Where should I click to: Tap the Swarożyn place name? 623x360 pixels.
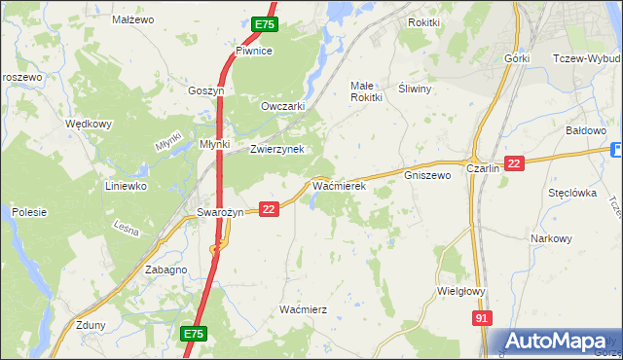(x=219, y=212)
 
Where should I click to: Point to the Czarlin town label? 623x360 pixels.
(x=484, y=167)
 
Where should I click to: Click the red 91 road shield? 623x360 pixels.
(x=482, y=318)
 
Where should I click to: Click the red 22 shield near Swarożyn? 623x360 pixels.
(x=270, y=208)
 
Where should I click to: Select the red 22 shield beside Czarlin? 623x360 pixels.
(x=516, y=164)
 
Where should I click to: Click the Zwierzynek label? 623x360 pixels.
(x=277, y=149)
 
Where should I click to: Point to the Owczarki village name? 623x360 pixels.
(x=283, y=106)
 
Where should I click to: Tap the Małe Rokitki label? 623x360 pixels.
(x=366, y=91)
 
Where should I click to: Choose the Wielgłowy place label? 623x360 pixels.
(x=461, y=290)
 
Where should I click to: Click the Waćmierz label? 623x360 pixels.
(x=303, y=308)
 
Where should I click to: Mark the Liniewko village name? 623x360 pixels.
(x=126, y=185)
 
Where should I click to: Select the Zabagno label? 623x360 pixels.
(x=165, y=270)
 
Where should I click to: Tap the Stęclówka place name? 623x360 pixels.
(x=572, y=193)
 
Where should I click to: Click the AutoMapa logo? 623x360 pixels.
(x=559, y=342)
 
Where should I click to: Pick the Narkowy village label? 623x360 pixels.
(x=551, y=238)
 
